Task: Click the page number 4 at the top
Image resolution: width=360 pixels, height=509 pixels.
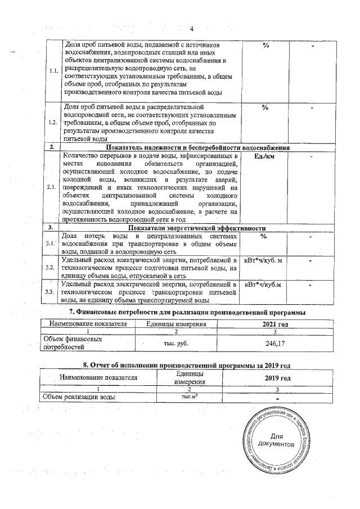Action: point(191,29)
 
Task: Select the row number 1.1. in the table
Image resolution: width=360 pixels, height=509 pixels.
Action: point(52,71)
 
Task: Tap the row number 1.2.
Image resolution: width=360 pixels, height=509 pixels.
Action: point(52,122)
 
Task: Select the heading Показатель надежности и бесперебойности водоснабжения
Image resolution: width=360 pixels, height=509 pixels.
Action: point(209,147)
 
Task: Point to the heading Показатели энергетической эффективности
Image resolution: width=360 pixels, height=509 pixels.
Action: point(197,228)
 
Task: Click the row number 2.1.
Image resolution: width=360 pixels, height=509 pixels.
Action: point(52,187)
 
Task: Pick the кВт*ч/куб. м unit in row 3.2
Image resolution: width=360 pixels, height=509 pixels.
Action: point(264,261)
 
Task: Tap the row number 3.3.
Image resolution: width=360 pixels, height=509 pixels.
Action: point(52,291)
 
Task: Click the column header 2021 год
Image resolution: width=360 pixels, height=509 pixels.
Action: point(276,324)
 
